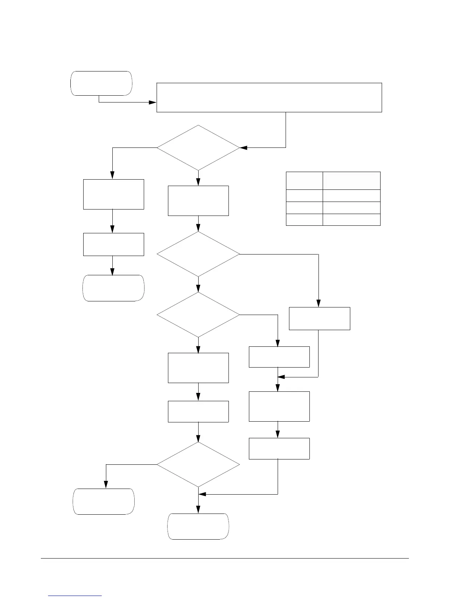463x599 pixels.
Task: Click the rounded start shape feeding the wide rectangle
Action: (x=101, y=83)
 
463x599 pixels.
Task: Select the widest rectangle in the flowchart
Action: (x=269, y=97)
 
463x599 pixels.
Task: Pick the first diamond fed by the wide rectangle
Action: (x=198, y=147)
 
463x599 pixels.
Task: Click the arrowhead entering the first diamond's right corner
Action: (x=243, y=147)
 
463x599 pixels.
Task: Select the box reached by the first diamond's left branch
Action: (x=113, y=194)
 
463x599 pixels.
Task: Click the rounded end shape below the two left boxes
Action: (x=113, y=288)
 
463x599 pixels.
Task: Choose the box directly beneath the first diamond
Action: (x=198, y=200)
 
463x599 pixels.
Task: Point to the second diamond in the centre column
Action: (x=198, y=254)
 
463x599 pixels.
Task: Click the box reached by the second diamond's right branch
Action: (x=320, y=318)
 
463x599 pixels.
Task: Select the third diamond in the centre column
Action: (x=198, y=315)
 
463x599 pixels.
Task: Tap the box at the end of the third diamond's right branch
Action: (x=279, y=357)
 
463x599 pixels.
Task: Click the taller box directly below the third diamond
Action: (x=198, y=368)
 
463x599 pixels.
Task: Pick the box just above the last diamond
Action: (x=198, y=411)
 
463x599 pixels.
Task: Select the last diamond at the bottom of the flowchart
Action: (x=198, y=464)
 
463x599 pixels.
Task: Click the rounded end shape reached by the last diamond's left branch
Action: (x=104, y=501)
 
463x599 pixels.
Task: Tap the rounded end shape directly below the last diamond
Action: (x=198, y=526)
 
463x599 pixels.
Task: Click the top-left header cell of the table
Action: (x=304, y=180)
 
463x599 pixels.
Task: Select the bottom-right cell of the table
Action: (x=351, y=220)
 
